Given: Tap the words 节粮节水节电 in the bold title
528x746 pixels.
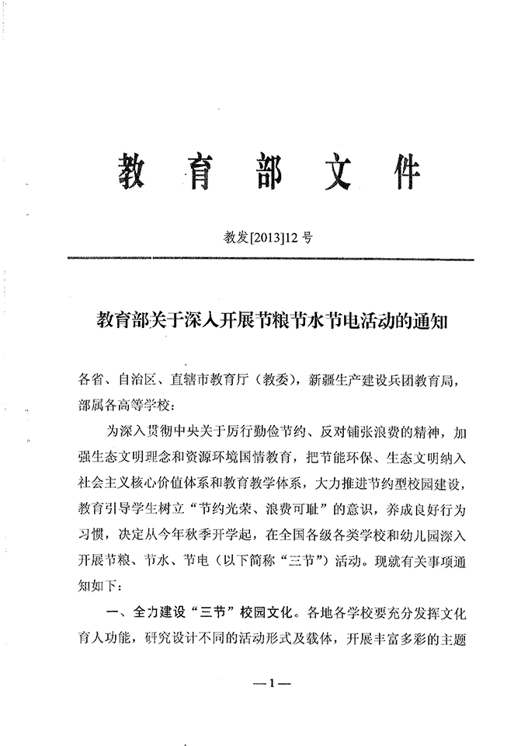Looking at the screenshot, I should click(283, 319).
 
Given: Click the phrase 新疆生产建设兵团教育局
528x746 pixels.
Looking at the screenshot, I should click(387, 381).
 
